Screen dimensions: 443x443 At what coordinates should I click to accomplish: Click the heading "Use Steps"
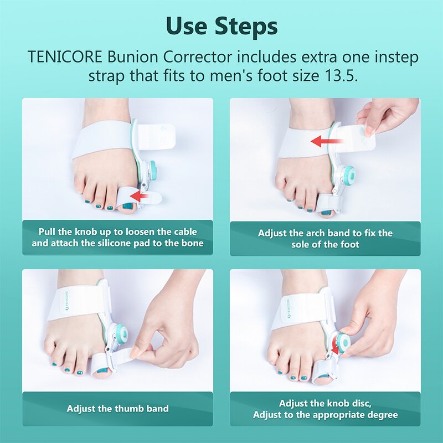[x=221, y=25]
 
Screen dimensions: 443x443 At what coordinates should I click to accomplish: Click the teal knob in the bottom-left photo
[x=121, y=333]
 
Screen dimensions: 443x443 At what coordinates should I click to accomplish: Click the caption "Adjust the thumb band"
[x=117, y=409]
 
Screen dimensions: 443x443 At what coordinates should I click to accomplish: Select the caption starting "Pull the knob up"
[x=117, y=238]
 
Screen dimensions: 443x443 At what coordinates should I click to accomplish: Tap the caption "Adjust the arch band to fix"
[x=325, y=239]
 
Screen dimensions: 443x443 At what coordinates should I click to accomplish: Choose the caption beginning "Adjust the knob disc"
[x=325, y=409]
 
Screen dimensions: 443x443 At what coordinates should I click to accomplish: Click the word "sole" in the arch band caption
[x=303, y=244]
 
